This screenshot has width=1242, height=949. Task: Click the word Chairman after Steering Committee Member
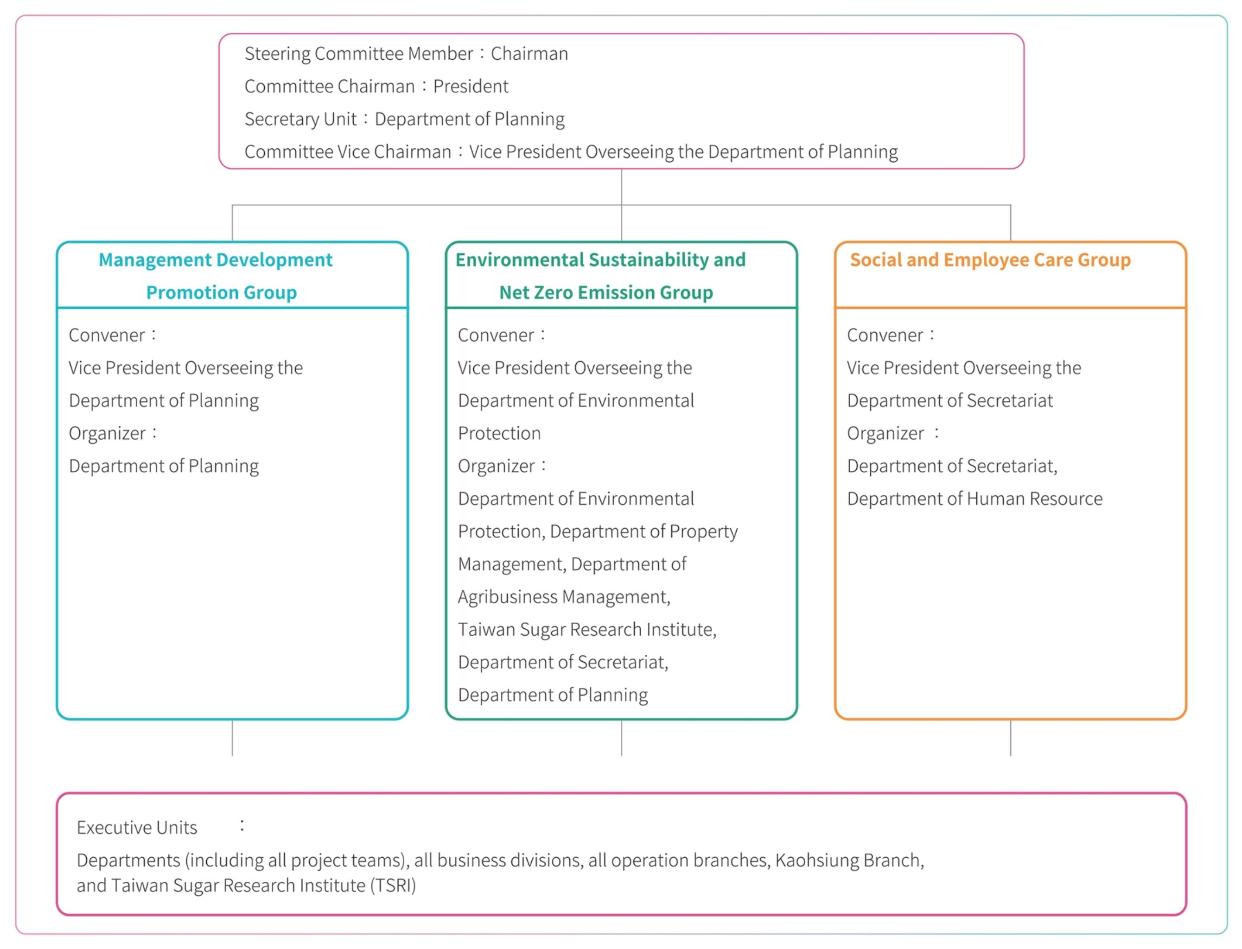coord(529,54)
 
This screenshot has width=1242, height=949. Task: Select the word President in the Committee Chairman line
coord(470,87)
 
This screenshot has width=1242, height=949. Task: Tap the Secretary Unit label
coord(300,119)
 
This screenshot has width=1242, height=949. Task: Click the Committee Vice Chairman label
coord(348,152)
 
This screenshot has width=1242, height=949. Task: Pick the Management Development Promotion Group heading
coord(219,276)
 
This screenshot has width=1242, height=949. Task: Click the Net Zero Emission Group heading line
coord(606,292)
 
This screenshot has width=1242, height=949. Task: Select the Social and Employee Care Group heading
coord(990,260)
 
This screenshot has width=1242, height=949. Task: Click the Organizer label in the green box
coord(496,466)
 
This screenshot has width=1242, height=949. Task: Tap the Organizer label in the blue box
coord(107,433)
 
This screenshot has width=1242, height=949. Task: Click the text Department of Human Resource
coord(974,499)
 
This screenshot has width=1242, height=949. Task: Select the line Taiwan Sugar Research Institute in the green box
coord(587,630)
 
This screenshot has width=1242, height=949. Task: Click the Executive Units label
coord(137,828)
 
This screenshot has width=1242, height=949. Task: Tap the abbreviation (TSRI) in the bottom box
coord(393,885)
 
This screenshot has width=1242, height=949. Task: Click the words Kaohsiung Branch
coord(849,860)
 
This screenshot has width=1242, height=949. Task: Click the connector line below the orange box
coord(1010,738)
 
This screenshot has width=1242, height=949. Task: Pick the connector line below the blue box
coord(232,738)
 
